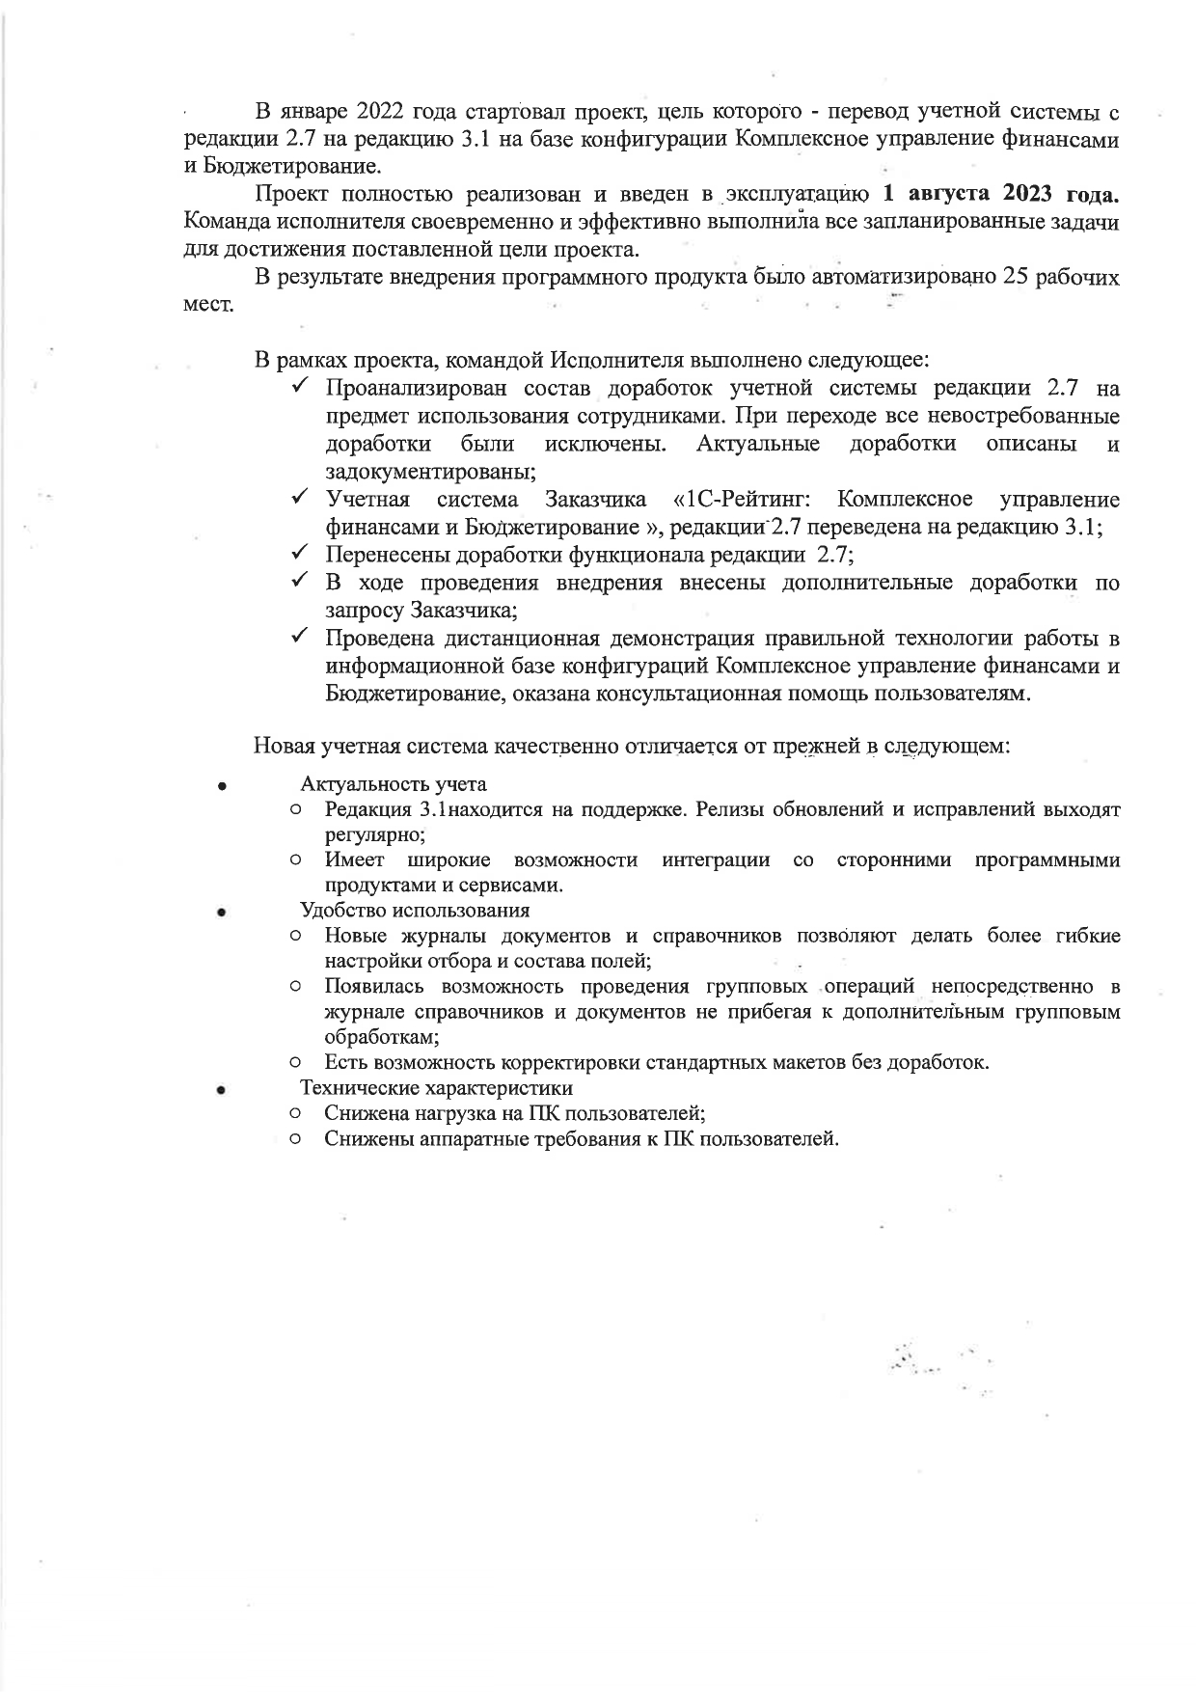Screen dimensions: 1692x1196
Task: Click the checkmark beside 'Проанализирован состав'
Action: coord(299,388)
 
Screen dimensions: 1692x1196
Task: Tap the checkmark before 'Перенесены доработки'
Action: coord(299,555)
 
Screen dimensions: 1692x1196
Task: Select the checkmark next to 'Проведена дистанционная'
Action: coord(299,638)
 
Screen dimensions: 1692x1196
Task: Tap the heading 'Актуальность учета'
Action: coord(394,783)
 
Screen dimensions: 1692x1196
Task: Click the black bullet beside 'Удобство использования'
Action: coord(221,912)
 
